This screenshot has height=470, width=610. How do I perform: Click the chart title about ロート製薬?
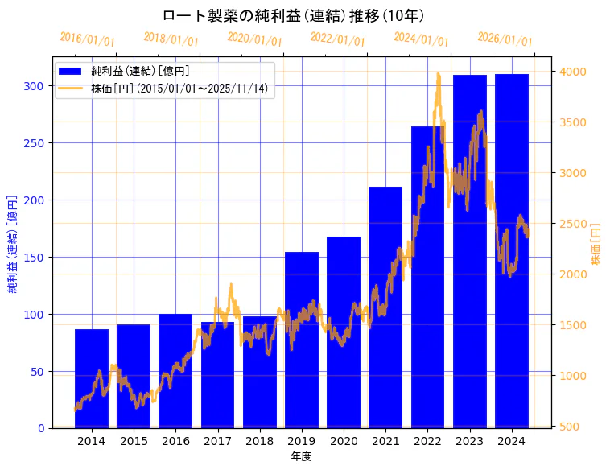tap(293, 15)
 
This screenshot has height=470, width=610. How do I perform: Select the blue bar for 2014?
tap(92, 378)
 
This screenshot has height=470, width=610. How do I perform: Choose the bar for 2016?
tap(175, 371)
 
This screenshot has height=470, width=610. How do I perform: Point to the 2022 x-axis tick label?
tap(427, 440)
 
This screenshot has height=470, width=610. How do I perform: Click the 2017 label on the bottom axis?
tap(217, 440)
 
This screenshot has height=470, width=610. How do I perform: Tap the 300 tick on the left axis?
tap(35, 86)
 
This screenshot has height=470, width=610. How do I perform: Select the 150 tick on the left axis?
tap(35, 258)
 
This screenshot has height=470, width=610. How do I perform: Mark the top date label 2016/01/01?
tap(88, 39)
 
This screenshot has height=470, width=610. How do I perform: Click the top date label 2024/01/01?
tap(422, 39)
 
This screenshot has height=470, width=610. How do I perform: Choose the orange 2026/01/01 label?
tap(505, 39)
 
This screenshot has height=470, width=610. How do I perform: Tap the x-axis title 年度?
tap(301, 456)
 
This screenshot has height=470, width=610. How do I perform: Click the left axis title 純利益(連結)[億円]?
tap(14, 243)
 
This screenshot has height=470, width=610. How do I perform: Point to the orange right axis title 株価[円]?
tap(596, 244)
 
